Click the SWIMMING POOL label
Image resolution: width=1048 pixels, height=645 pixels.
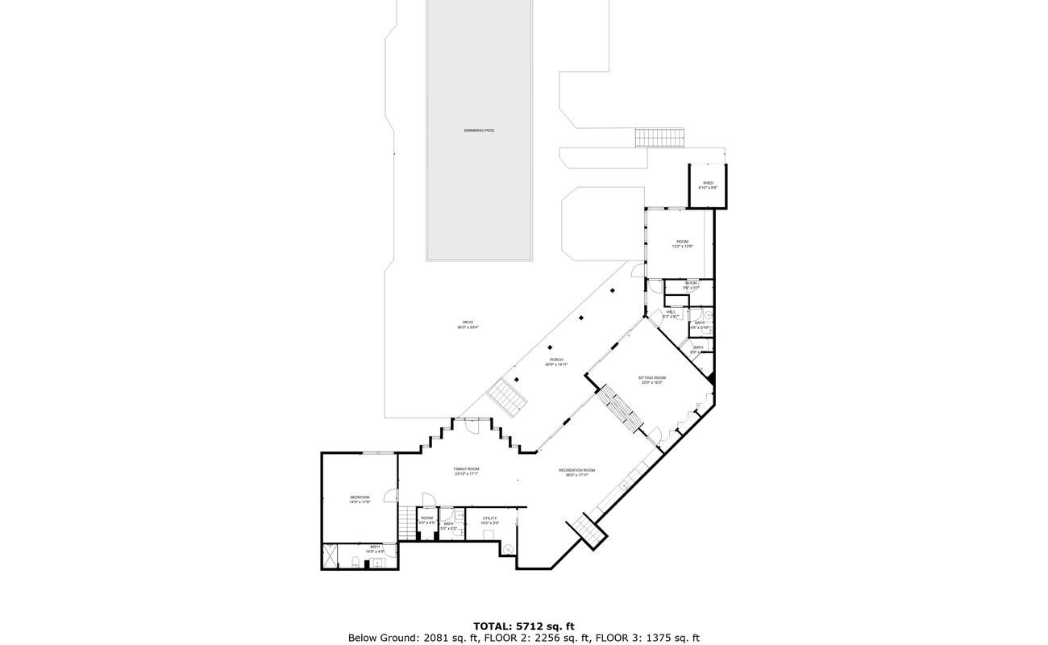tap(479, 130)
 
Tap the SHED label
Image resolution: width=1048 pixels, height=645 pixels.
tap(708, 183)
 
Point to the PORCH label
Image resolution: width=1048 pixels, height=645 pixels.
tap(556, 360)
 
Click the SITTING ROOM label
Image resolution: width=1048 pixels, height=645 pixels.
tap(651, 377)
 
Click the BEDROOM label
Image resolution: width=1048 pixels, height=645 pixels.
tap(360, 497)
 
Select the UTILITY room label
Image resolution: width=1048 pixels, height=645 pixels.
tap(489, 518)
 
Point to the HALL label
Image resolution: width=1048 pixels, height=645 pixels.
tap(671, 312)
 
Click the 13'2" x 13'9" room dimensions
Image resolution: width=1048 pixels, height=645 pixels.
tap(682, 247)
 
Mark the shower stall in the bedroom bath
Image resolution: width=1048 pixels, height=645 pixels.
tap(331, 555)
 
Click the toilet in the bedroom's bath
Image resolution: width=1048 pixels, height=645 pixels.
tap(356, 563)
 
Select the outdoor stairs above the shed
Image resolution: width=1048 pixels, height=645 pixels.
tap(659, 138)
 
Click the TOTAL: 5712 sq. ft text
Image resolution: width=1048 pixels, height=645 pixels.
tap(523, 626)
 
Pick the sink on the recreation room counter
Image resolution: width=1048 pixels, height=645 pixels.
tap(624, 485)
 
